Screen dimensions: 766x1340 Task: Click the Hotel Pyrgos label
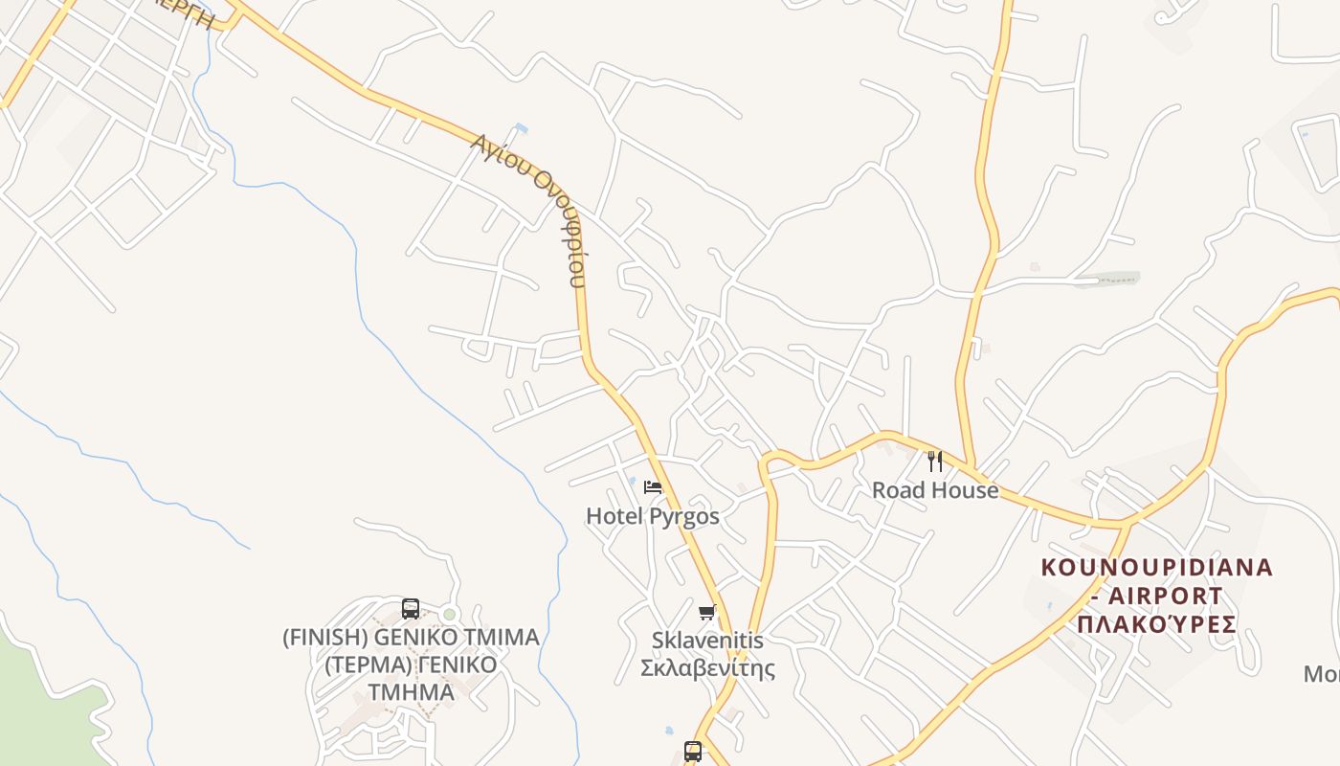(x=652, y=516)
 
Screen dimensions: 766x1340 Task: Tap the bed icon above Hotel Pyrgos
(x=653, y=487)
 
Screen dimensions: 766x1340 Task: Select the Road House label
(x=934, y=490)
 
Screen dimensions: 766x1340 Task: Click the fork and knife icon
(x=935, y=462)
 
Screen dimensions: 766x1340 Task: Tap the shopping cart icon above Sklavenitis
(x=707, y=612)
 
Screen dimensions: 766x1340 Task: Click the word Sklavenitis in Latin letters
(x=707, y=640)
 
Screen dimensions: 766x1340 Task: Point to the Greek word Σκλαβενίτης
(x=707, y=667)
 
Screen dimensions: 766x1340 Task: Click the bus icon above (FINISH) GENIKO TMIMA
(x=411, y=608)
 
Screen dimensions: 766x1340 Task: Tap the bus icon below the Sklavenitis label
(x=693, y=752)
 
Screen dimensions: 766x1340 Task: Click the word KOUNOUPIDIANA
(x=1156, y=567)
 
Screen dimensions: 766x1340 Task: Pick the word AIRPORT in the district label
(x=1166, y=596)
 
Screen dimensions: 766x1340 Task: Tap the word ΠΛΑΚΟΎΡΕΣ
(x=1156, y=624)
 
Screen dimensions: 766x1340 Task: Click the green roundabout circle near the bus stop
(x=449, y=614)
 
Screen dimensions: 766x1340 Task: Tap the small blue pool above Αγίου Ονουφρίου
(x=521, y=127)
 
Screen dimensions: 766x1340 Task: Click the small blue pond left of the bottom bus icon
(x=668, y=732)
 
